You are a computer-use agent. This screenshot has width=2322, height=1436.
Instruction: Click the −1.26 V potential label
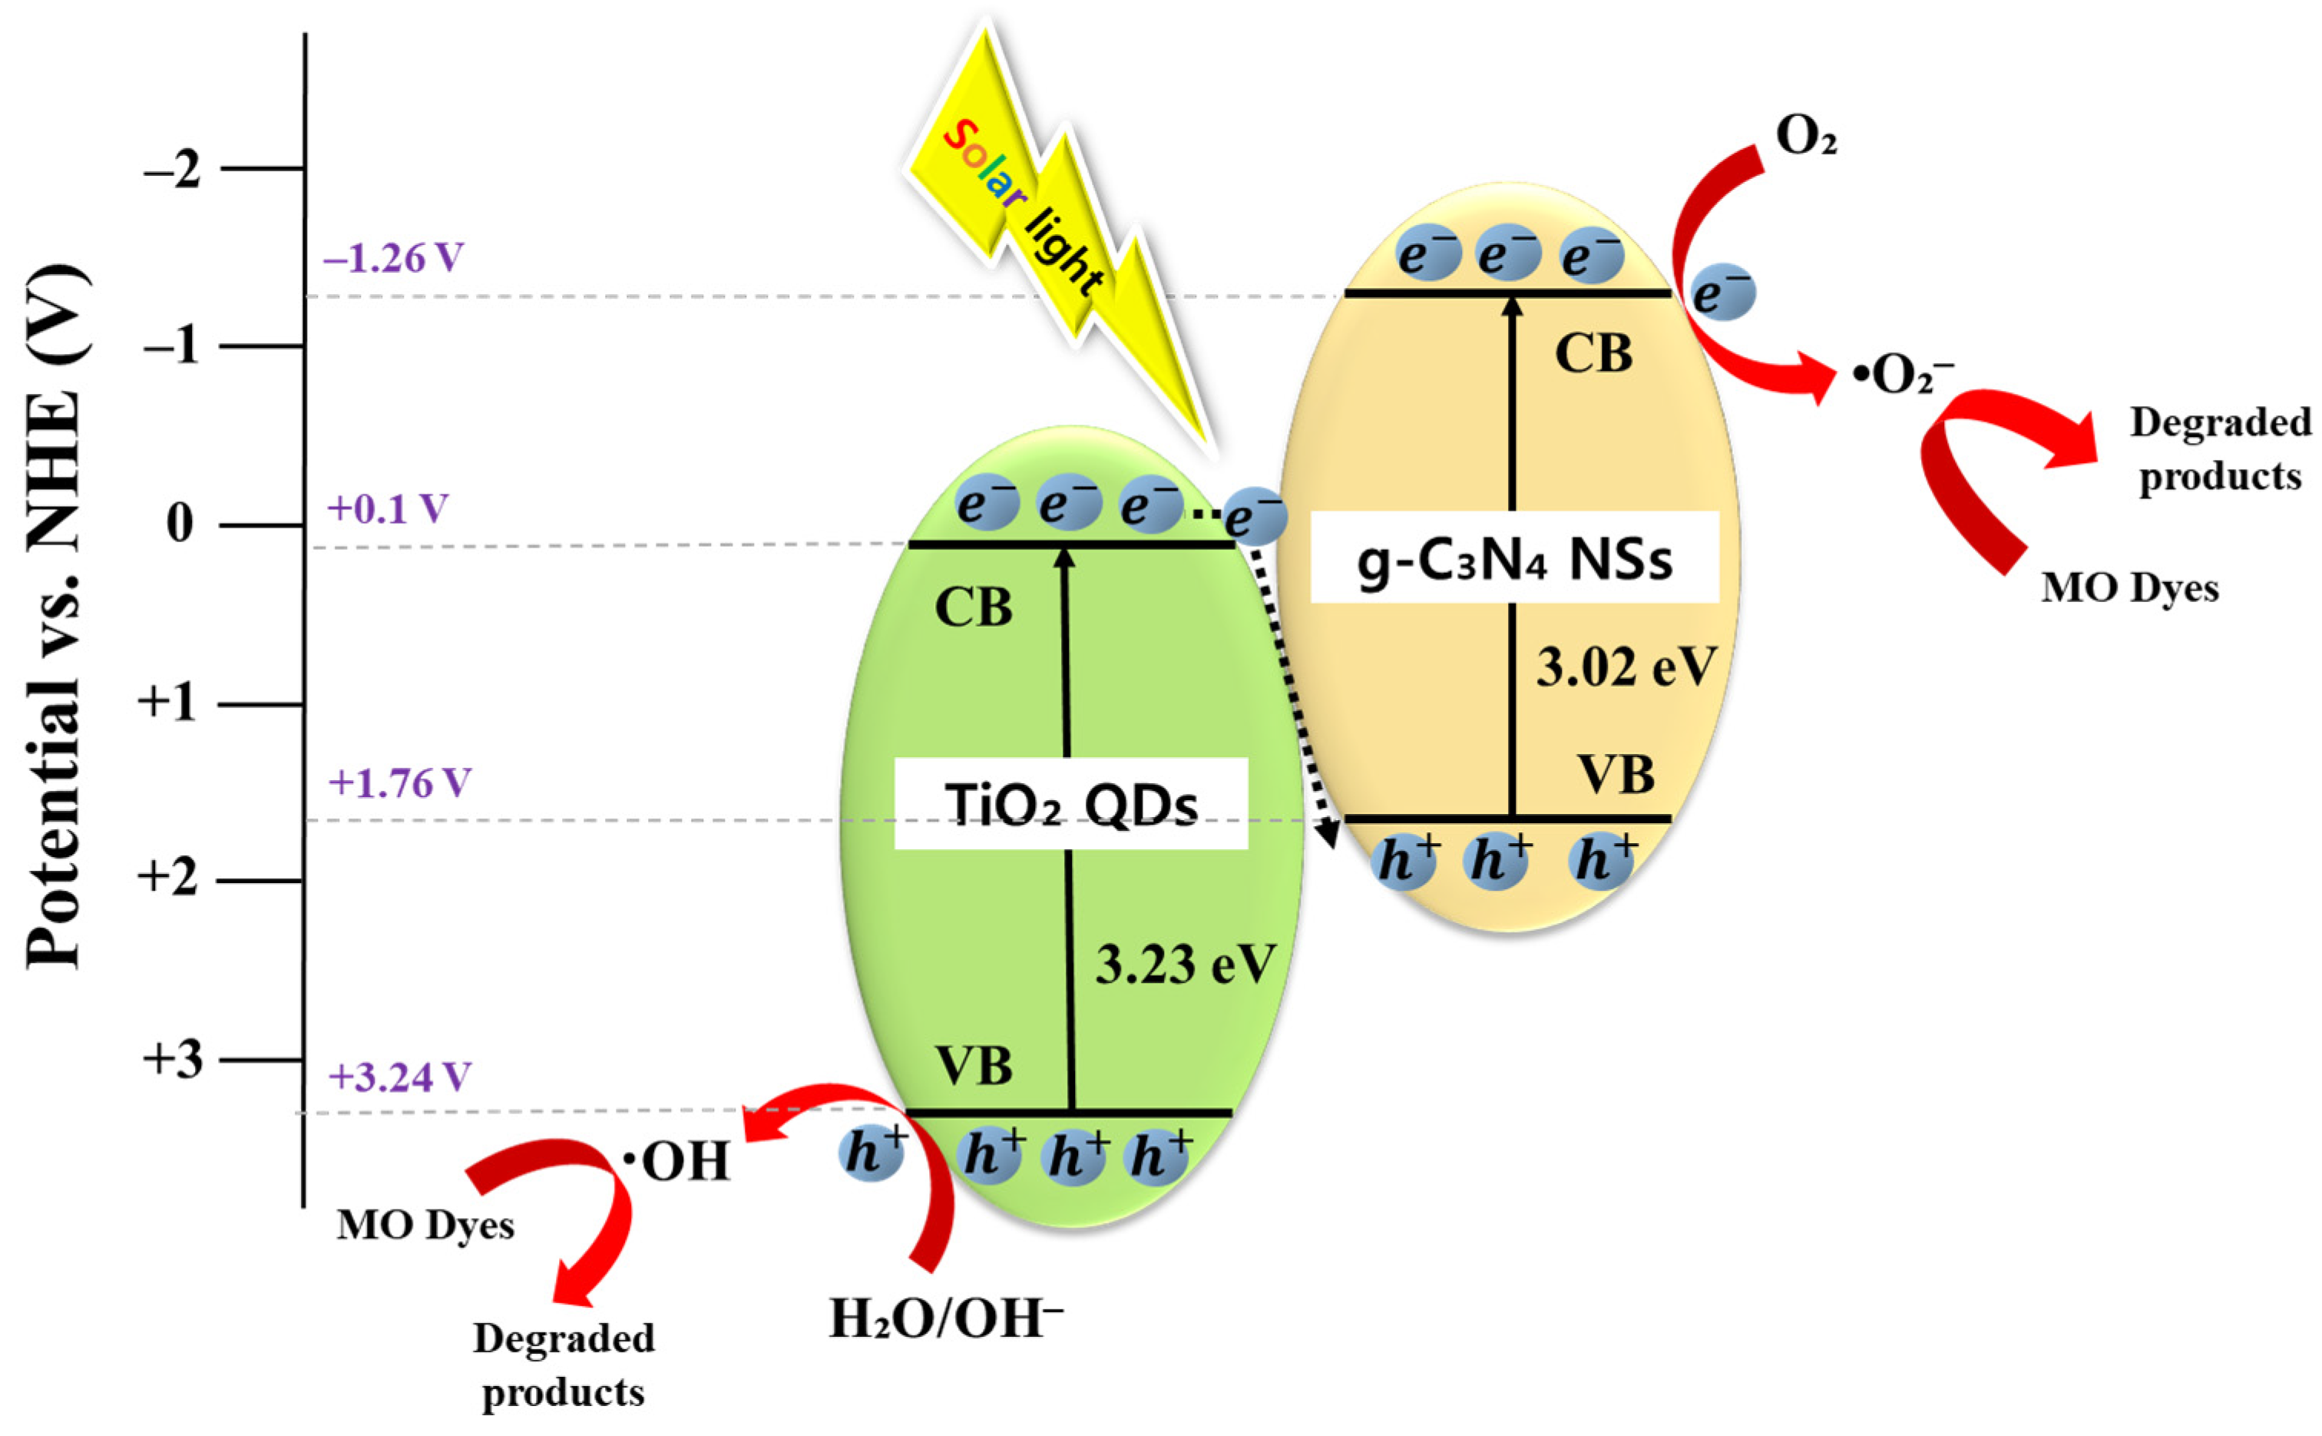(x=393, y=257)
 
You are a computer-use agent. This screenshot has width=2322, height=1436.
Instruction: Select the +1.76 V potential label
(x=399, y=783)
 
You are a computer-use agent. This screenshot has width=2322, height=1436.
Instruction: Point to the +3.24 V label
(x=399, y=1076)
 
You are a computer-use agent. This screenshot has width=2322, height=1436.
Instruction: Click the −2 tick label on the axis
(x=173, y=171)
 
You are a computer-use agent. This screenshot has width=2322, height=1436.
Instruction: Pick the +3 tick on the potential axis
(x=173, y=1059)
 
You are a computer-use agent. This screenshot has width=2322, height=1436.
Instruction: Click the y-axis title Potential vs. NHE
(x=55, y=617)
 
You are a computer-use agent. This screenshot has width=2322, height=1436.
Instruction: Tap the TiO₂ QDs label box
(x=1070, y=803)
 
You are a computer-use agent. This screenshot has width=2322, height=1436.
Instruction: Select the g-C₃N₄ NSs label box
(x=1513, y=558)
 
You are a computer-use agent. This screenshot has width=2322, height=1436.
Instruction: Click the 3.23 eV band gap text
(x=1186, y=964)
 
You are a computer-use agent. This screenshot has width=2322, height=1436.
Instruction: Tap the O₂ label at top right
(x=1805, y=137)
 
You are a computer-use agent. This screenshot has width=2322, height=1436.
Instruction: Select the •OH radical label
(x=676, y=1160)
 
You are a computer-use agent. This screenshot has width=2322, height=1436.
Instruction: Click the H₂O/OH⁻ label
(x=946, y=1319)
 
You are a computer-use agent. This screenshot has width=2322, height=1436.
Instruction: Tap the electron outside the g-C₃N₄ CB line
(x=1722, y=292)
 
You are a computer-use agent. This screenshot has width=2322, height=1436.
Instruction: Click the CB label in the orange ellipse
(x=1593, y=354)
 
